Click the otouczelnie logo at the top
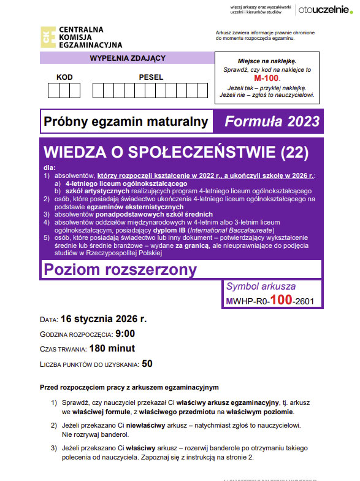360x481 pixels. (323, 9)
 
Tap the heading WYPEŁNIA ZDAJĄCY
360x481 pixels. (128, 58)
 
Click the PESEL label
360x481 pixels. (151, 77)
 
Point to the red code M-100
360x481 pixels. (266, 79)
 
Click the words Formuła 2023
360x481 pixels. (272, 121)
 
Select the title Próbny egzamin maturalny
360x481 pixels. (126, 122)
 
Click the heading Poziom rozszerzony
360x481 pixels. (120, 269)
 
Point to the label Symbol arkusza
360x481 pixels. (261, 286)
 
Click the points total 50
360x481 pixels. (147, 363)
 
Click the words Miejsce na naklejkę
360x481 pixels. (266, 61)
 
